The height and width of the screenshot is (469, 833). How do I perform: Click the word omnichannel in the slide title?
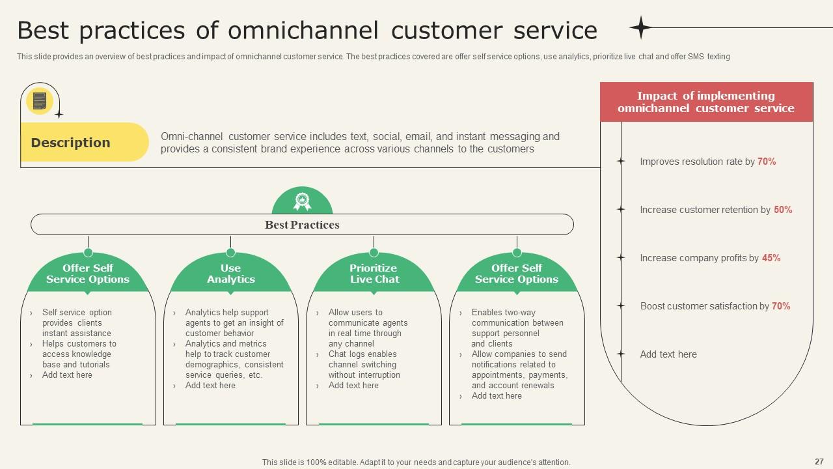point(303,31)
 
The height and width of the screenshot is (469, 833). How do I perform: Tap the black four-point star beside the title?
point(640,27)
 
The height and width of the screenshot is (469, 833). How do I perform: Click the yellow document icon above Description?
point(39,101)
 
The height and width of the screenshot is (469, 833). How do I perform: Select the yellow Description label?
point(71,143)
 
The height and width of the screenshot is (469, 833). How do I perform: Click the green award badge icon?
point(302,201)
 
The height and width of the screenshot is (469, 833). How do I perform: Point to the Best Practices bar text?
point(302,225)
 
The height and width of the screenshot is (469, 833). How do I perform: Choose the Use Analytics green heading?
point(230,274)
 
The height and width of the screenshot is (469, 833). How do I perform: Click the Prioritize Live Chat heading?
point(374,274)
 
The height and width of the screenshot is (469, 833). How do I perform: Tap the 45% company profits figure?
point(771,258)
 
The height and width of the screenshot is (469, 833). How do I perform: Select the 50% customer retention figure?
point(783,210)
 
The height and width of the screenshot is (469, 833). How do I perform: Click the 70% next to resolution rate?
point(767,162)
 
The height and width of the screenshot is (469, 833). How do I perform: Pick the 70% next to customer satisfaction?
point(781,306)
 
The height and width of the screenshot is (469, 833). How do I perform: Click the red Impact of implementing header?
point(706,102)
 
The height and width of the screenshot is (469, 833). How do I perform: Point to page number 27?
point(819,461)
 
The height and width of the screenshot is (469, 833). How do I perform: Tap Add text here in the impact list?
point(668,354)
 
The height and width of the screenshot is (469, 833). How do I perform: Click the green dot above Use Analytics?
point(230,253)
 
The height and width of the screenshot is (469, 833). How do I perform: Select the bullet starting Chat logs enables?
point(363,365)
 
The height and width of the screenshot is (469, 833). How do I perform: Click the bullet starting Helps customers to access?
point(79,354)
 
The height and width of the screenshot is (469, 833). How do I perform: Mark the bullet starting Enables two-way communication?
point(517,328)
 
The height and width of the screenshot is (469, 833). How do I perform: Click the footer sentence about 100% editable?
point(416,462)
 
